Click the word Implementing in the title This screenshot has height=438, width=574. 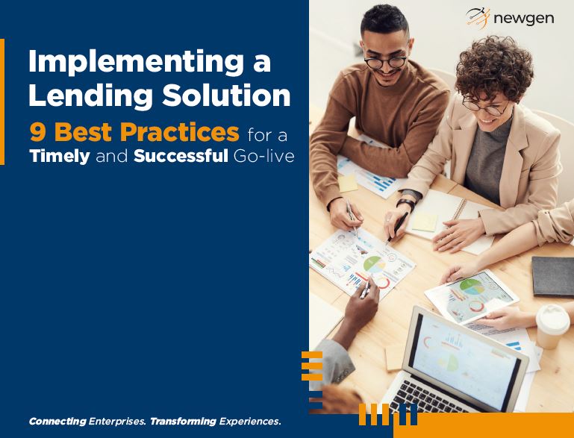136,63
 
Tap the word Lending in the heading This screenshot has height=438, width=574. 90,96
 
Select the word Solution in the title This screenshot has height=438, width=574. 226,96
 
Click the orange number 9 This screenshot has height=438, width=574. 38,133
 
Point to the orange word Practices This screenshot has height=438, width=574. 179,133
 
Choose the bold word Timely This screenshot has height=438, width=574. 60,157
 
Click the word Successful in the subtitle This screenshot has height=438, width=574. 181,156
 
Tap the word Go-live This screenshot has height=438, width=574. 263,156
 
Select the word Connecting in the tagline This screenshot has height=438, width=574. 57,422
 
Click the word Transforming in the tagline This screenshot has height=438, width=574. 183,422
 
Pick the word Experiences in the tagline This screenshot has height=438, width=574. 250,422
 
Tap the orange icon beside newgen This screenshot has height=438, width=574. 478,17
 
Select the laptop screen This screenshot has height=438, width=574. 465,361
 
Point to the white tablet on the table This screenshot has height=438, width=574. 472,297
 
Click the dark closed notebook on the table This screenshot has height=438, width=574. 553,277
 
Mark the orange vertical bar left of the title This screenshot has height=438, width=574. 2,101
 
